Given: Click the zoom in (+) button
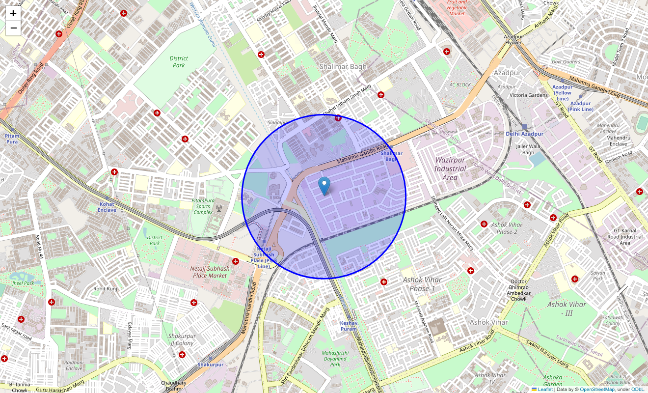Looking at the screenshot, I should coord(13,14).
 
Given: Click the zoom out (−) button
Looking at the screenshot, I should coord(13,28).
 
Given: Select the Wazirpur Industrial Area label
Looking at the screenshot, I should coord(450,168).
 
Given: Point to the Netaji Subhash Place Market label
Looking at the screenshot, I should coord(210,272).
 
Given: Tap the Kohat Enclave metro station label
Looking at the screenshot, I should coord(107,207).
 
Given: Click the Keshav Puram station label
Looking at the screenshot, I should coord(349,326).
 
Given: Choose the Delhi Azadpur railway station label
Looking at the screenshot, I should coord(524,134).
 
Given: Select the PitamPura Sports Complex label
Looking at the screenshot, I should coord(203,206).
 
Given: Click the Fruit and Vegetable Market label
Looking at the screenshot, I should coord(457,8).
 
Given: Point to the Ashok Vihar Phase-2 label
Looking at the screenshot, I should coord(507,228).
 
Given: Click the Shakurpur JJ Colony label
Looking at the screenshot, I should coord(181,339).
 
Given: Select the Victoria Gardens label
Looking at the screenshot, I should coord(529,95).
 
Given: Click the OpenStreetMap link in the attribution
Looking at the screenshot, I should coord(597,390).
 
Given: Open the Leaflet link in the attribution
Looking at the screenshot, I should coord(545,390).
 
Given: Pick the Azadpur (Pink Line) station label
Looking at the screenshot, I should coord(580,106).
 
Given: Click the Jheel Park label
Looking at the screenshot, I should coord(23,283).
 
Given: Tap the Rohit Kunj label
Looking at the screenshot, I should coord(106,288).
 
